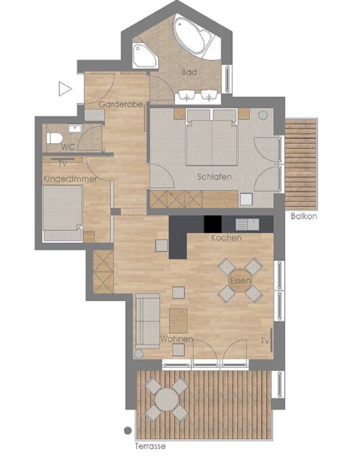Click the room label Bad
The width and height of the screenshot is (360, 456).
pyautogui.click(x=189, y=72)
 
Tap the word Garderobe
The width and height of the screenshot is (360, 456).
pyautogui.click(x=121, y=104)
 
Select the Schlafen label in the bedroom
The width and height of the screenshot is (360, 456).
pyautogui.click(x=214, y=177)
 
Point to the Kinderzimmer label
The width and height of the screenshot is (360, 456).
pyautogui.click(x=70, y=179)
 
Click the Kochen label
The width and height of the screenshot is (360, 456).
pyautogui.click(x=226, y=238)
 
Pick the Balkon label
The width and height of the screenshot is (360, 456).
pyautogui.click(x=304, y=216)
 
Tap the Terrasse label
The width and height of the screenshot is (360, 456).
pyautogui.click(x=150, y=446)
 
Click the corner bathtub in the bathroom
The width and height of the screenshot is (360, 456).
pyautogui.click(x=194, y=36)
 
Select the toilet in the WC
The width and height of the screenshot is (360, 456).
pyautogui.click(x=55, y=138)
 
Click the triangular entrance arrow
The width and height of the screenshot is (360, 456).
pyautogui.click(x=65, y=88)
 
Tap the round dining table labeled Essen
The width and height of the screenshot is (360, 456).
pyautogui.click(x=240, y=280)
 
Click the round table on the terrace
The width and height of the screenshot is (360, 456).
pyautogui.click(x=166, y=400)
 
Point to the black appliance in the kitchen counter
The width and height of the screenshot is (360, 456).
pyautogui.click(x=213, y=224)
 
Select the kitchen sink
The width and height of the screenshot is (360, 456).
pyautogui.click(x=247, y=224)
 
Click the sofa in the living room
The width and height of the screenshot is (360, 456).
pyautogui.click(x=147, y=321)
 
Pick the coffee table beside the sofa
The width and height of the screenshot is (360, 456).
pyautogui.click(x=178, y=321)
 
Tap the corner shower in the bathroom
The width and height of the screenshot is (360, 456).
pyautogui.click(x=145, y=56)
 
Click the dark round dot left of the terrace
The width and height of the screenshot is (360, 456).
pyautogui.click(x=128, y=430)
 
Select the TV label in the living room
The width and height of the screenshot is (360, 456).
pyautogui.click(x=265, y=341)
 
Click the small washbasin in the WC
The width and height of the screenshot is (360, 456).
pyautogui.click(x=75, y=128)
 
